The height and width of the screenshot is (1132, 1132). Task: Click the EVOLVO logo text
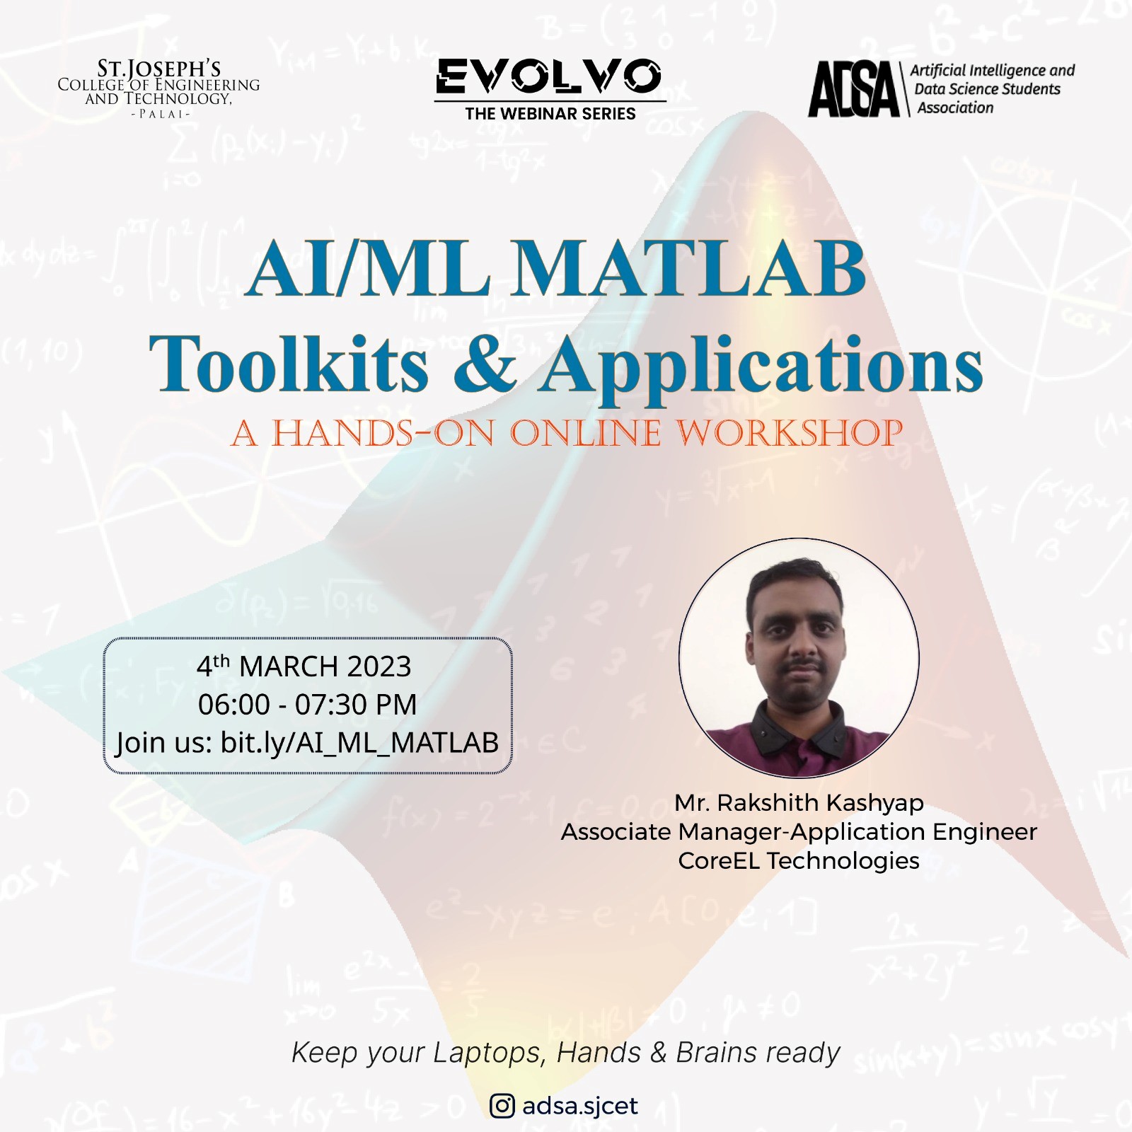click(x=550, y=76)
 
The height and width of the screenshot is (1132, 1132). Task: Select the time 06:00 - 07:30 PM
click(x=307, y=705)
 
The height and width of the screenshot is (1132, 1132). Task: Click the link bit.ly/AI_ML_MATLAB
click(x=359, y=743)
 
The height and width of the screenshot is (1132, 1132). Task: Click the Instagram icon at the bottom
click(x=502, y=1106)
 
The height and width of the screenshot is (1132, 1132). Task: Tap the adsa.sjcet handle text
click(x=580, y=1106)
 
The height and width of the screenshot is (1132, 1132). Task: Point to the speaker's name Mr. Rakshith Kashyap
click(x=799, y=803)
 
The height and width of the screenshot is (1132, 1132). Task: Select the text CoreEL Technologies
click(x=799, y=860)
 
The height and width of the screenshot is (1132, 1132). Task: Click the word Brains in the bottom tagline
click(x=717, y=1053)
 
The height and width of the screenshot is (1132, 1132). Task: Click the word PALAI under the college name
click(x=158, y=114)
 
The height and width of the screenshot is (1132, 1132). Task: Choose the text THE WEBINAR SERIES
click(x=550, y=113)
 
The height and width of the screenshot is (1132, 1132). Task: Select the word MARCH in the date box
click(x=289, y=666)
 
